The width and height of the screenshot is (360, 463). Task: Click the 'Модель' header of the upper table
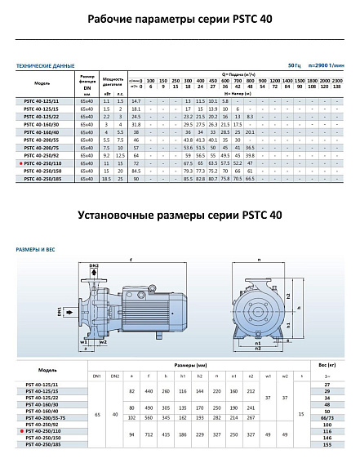click(x=42, y=83)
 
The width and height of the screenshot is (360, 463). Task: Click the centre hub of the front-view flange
click(x=260, y=309)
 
